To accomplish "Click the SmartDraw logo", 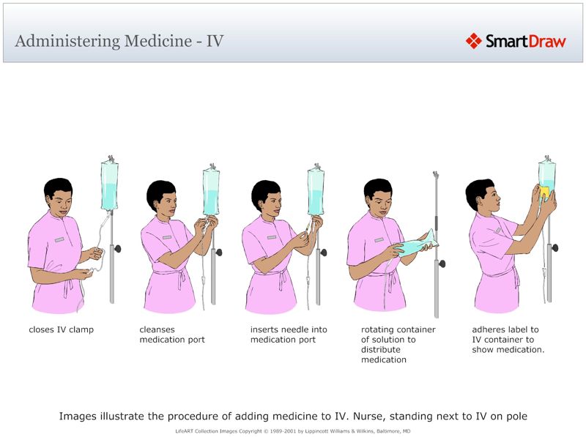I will click(x=516, y=41).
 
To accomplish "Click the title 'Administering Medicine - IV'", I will click(x=119, y=41).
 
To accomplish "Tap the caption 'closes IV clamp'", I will click(x=61, y=329).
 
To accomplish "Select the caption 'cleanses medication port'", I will click(x=172, y=335).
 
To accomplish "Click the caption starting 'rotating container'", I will click(x=398, y=345).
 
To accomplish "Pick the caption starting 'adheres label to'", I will click(x=508, y=340).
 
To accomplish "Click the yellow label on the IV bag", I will click(x=544, y=193).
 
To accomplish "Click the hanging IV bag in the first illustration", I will click(x=109, y=187).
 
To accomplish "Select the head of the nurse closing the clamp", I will click(x=58, y=196).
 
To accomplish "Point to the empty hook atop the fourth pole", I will click(x=435, y=176).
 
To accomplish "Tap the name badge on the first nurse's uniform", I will click(x=59, y=239).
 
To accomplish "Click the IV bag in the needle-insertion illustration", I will click(x=316, y=193).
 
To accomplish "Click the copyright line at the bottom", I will click(x=292, y=431).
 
